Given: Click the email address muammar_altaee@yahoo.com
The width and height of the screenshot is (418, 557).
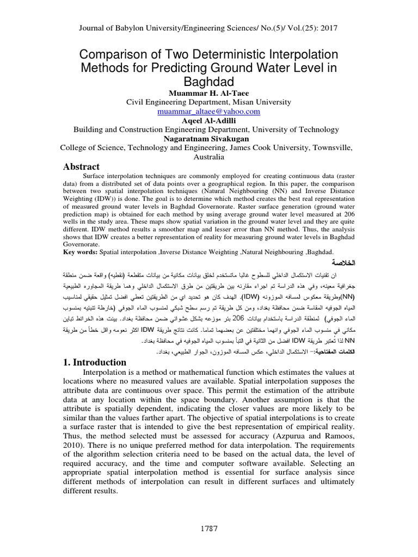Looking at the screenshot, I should (x=208, y=111).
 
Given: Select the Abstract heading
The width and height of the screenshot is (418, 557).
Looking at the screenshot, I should (x=82, y=167).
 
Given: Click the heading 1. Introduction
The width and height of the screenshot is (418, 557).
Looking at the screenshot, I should (x=96, y=362).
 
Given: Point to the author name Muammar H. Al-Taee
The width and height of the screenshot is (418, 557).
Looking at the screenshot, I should (x=208, y=92).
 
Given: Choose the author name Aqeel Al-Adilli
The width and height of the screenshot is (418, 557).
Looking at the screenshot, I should (x=208, y=120).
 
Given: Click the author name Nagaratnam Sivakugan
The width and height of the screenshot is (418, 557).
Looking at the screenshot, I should (x=208, y=138).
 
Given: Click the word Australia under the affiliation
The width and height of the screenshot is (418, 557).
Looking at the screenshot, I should (x=208, y=157).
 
